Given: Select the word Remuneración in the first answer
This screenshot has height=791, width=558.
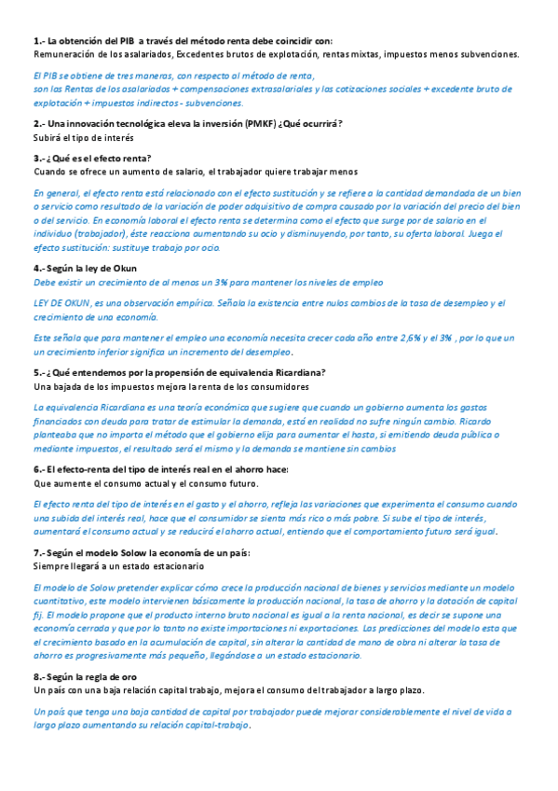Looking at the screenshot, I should pos(63,55).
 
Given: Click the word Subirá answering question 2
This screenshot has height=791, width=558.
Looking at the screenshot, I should pos(48,138).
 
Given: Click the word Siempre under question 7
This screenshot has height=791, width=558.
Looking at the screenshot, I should pos(51,566).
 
